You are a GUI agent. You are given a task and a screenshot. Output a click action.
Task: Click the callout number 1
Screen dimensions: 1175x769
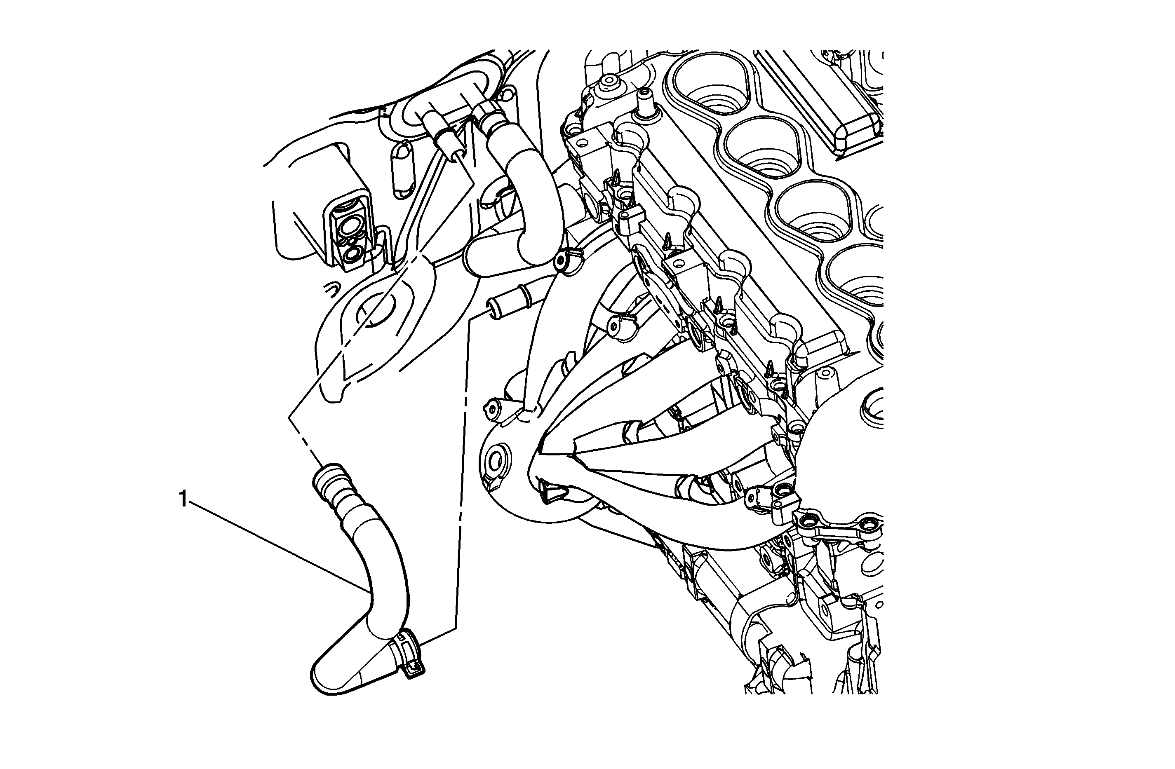pyautogui.click(x=183, y=499)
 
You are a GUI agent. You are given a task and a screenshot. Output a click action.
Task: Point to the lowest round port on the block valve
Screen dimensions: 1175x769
pyautogui.click(x=354, y=255)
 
